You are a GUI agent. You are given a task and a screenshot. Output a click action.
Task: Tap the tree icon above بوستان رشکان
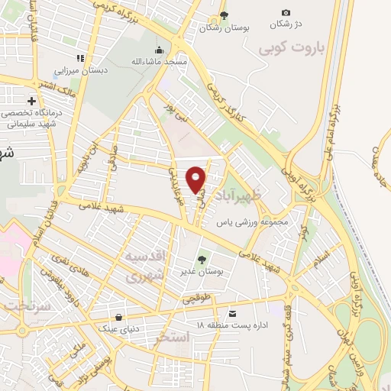click(x=223, y=15)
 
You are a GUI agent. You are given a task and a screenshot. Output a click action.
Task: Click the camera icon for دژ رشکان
click(x=286, y=12)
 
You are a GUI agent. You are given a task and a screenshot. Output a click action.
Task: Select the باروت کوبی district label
click(x=292, y=50)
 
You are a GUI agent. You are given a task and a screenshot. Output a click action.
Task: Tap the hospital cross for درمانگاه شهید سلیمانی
click(x=31, y=101)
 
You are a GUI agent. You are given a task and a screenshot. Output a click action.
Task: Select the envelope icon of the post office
click(x=232, y=314)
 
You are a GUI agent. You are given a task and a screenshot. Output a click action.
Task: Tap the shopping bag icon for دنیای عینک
click(x=118, y=317)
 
